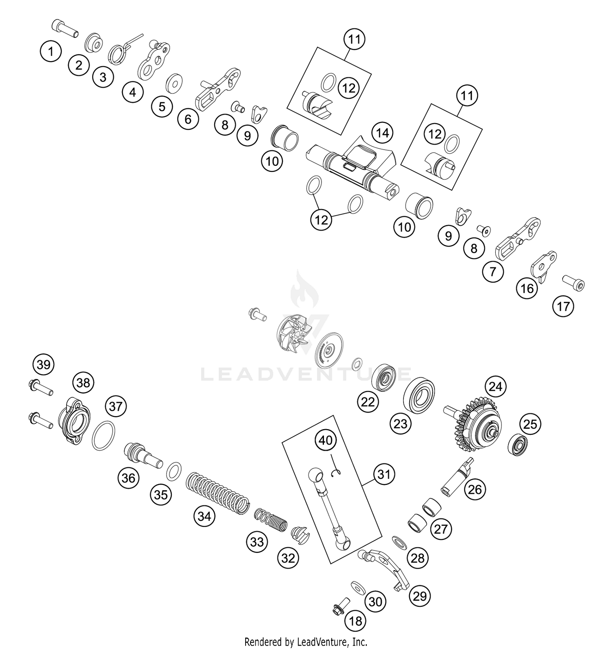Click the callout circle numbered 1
[51, 52]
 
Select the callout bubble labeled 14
[382, 133]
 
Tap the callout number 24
[495, 386]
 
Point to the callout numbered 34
[204, 516]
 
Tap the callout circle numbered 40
[326, 441]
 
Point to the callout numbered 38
[83, 383]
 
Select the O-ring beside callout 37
[103, 436]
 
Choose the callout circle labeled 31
[384, 474]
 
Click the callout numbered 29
[420, 596]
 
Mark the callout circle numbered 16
[527, 289]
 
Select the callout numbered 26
[475, 489]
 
